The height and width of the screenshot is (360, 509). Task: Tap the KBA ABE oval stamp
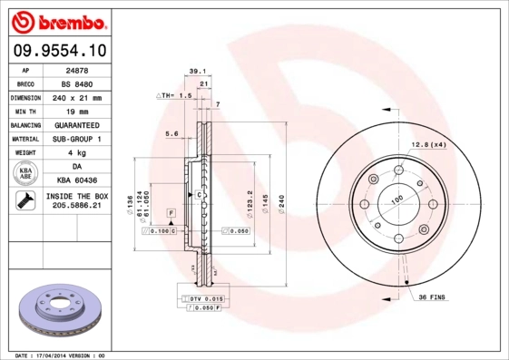pyautogui.click(x=26, y=173)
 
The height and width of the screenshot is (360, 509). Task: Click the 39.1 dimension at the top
pyautogui.click(x=194, y=70)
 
